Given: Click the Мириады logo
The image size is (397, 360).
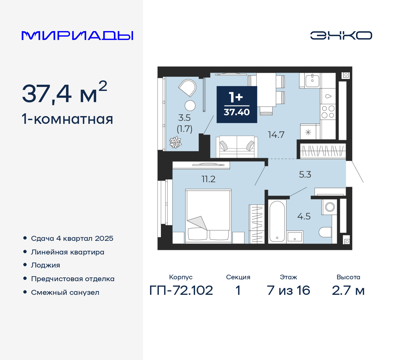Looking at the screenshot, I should tap(78, 36).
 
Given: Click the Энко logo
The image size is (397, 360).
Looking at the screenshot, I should tap(341, 35).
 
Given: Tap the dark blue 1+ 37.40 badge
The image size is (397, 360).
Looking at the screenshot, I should tap(237, 105).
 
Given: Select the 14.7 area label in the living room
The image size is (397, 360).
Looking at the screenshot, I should tap(276, 135).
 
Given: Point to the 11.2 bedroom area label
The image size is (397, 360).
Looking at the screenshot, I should tap(208, 179).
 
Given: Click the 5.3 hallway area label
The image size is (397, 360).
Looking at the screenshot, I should tap(305, 174).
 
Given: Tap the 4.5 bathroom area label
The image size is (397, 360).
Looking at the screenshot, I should tap(304, 216).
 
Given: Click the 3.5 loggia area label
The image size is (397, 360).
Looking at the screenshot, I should tap(184, 118).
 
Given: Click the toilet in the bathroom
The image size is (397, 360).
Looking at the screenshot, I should tap(325, 232).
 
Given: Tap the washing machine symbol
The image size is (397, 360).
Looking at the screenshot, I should tap(330, 207).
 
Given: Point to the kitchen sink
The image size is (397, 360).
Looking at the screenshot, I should tap(312, 80).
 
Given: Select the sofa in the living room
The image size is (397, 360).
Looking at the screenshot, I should tap(237, 147).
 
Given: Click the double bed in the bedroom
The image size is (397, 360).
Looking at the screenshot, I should tap(208, 216).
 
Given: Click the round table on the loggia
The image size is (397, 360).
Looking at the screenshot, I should tap(190, 106).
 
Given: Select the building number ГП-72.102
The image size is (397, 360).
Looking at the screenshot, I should tap(181, 290).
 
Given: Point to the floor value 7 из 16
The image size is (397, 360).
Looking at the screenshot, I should tap(288, 290).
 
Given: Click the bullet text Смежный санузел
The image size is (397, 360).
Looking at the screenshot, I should tap(65, 292).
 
